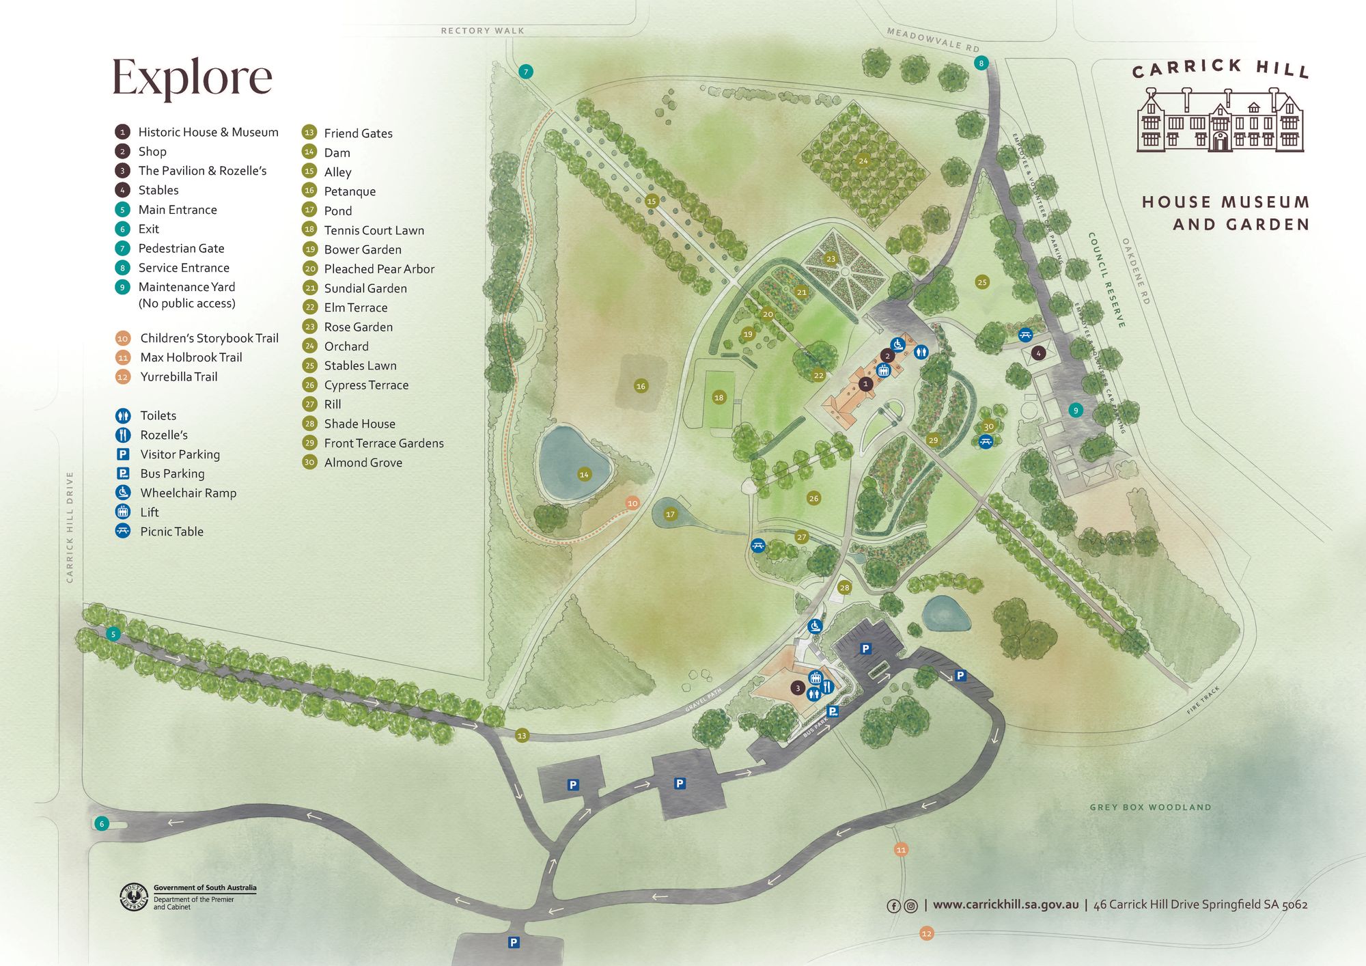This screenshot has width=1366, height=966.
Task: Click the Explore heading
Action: pos(192,77)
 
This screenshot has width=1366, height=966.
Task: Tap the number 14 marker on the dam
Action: pos(584,474)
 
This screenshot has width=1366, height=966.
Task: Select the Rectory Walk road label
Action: pos(482,31)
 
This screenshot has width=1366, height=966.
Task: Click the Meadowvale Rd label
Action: pos(933,40)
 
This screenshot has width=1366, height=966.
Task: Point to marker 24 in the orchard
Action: pos(863,161)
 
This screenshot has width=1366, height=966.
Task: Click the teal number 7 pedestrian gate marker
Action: pos(525,72)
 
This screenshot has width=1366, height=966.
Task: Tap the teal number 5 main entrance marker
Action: pos(113,634)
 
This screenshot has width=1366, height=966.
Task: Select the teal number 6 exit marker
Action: pos(102,824)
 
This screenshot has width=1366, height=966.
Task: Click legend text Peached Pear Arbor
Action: pos(379,269)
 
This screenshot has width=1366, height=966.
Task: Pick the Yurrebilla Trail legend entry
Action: pos(178,377)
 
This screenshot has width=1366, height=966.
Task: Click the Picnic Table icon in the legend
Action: pos(123,531)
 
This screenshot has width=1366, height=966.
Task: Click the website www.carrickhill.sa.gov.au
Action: pos(1005,905)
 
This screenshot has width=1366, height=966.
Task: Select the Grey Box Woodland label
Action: pos(1150,808)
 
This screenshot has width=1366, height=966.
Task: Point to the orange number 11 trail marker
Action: pos(901,850)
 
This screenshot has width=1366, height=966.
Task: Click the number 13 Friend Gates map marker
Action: pos(522,736)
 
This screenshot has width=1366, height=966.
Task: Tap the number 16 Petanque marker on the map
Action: pos(641,386)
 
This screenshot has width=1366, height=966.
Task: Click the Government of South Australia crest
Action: pos(134,897)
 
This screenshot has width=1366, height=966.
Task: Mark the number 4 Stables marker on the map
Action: pos(1038,353)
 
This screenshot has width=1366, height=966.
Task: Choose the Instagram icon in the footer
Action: pos(910,906)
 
